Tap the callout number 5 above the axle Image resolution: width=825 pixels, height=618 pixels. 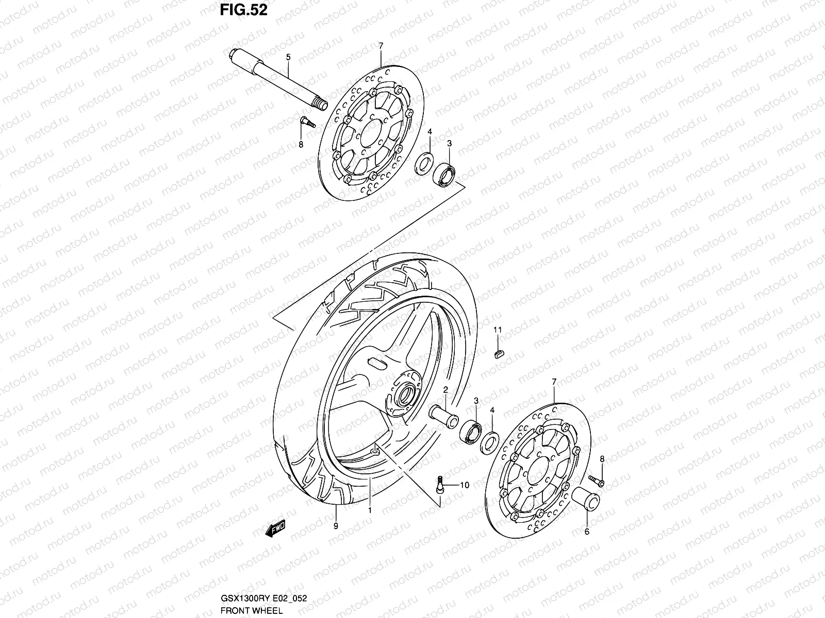pyautogui.click(x=288, y=58)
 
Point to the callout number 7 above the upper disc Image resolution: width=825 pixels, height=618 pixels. pyautogui.click(x=381, y=46)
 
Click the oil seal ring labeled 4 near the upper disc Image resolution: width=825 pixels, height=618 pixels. pyautogui.click(x=424, y=162)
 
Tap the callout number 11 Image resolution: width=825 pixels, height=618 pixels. pyautogui.click(x=498, y=330)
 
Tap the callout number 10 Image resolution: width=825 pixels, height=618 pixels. pyautogui.click(x=464, y=485)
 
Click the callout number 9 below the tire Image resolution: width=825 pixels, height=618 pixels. pyautogui.click(x=336, y=526)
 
